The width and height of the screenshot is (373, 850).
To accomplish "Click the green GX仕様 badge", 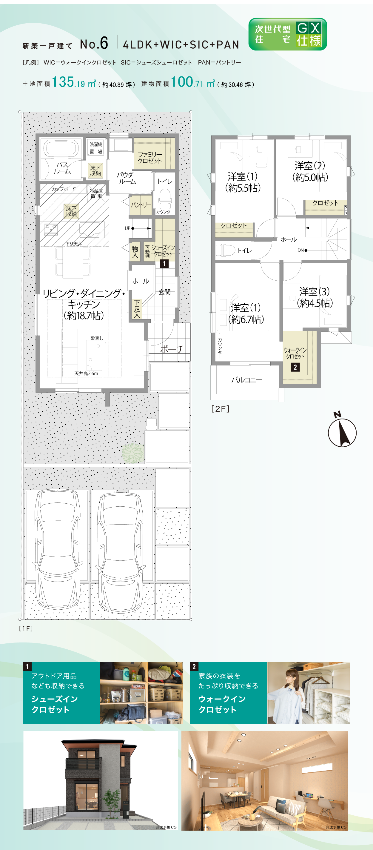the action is coord(288,34).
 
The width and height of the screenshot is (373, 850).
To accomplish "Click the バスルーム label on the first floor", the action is coord(62,168).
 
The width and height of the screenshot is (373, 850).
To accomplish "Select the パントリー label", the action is coord(141,205).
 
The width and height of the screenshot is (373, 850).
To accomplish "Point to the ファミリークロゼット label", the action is coord(150,158).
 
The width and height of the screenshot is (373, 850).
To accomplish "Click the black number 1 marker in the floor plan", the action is coord(164,264).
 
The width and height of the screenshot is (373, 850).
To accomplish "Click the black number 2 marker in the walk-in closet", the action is coord(295,367).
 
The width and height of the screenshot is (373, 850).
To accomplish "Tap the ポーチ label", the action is coord(172,349).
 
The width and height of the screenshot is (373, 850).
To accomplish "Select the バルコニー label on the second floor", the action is coord(247,380).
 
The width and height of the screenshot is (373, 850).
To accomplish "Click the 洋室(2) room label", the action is coord(310,172).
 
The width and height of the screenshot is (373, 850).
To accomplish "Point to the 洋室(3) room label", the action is coord(315,297).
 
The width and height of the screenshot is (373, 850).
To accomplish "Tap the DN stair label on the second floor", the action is coord(302,250).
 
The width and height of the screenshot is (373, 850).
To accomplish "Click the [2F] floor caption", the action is coord(220,409).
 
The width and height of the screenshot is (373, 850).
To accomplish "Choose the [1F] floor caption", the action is coord(26,628).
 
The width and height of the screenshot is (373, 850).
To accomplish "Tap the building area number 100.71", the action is coord(187,82).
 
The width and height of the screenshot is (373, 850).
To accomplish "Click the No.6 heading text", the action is coord(94,44).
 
